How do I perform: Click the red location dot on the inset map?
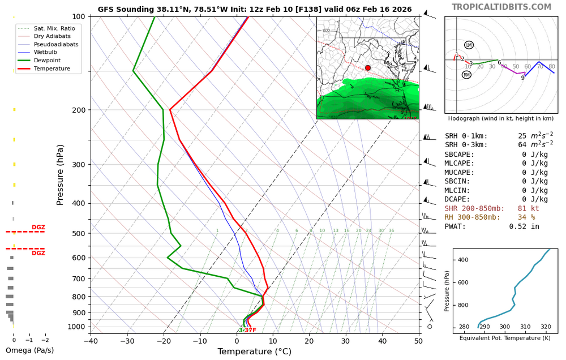coord(368,68)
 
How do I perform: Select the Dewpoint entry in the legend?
coord(47,61)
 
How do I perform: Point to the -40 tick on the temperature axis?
coord(91,341)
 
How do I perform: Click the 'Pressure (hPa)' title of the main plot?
coord(61,174)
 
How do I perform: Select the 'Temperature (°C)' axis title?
coord(255,352)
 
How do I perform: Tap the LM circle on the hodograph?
coord(469,45)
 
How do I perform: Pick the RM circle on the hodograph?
coord(466,75)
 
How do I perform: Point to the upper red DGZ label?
coord(38,228)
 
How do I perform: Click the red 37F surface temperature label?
coord(250,331)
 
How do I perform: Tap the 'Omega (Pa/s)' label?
coord(29,351)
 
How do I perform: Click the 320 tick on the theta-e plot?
coord(546,327)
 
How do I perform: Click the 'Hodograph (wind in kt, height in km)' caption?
coord(500,118)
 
